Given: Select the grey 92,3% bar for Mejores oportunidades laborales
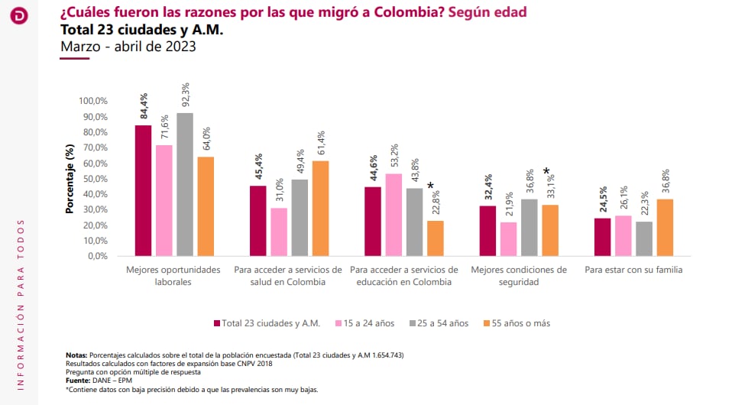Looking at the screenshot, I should point(184,184).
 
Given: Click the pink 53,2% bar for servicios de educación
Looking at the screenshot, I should point(394,215).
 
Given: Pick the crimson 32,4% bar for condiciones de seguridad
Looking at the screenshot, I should point(487,231).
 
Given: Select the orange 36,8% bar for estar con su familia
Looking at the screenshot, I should point(665,227).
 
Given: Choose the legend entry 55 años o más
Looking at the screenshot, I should point(517,323).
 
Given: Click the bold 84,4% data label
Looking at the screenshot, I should point(144,105).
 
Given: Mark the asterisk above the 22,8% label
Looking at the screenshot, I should point(431,186).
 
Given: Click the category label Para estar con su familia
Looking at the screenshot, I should point(633,270).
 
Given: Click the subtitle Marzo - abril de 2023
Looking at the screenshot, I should point(128,47).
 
